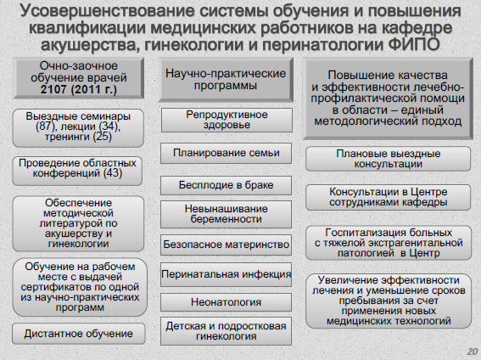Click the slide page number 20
click(x=473, y=352)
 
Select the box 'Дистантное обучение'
click(x=78, y=334)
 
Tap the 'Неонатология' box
click(x=226, y=302)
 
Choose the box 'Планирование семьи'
click(x=226, y=153)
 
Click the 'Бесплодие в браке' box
click(x=226, y=185)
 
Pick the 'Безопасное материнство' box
click(x=226, y=245)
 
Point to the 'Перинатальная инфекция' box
click(x=226, y=274)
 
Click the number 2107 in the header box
click(x=53, y=90)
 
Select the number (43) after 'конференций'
click(x=113, y=173)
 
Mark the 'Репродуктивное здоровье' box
click(x=227, y=120)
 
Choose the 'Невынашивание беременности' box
click(x=226, y=214)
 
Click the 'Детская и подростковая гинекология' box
click(x=226, y=331)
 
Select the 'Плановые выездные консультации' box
click(x=388, y=159)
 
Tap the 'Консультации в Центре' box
click(x=388, y=197)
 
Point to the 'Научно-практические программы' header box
click(x=226, y=80)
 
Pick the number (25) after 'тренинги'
click(x=102, y=136)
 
